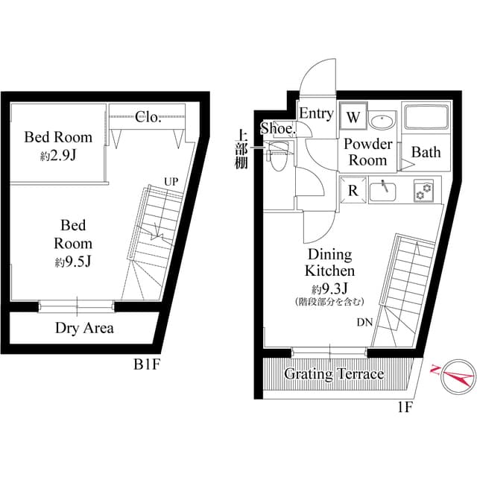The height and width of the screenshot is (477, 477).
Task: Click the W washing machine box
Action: coord(353,118)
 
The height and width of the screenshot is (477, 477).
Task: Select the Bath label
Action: coord(426,152)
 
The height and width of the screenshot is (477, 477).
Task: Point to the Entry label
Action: coord(316,113)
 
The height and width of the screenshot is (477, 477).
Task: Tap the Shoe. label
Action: coord(278,129)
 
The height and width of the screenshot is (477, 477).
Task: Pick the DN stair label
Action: coord(364,323)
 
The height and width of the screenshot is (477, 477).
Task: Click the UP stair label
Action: coord(172,182)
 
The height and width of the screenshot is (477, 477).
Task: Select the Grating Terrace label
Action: coord(334,374)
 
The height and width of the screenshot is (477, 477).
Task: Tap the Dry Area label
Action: coord(84,328)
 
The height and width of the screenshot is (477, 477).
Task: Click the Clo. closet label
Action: coord(149,116)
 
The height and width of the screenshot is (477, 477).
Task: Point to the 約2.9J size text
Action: coord(57,157)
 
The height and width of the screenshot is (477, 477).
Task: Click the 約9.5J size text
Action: coord(72,262)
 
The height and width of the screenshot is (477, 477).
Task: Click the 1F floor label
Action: coord(405,407)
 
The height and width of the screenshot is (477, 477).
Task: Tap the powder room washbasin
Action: coord(383,120)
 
